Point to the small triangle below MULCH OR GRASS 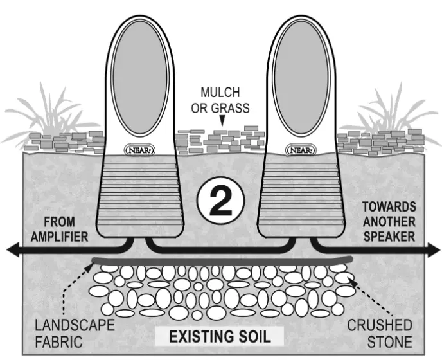click(x=223, y=120)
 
